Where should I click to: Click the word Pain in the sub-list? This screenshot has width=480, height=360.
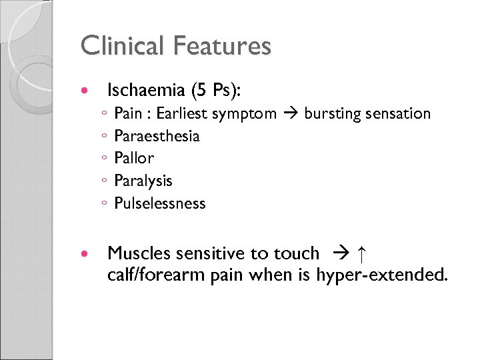tap(127, 113)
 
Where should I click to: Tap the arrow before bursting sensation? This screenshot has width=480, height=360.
tap(291, 114)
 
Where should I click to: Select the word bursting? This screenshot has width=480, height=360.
tap(332, 114)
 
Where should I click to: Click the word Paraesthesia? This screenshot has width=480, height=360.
tap(157, 136)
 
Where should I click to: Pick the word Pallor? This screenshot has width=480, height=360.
tap(134, 159)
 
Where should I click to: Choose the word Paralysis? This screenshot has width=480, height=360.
tap(143, 181)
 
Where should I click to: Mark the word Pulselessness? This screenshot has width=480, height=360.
tap(160, 203)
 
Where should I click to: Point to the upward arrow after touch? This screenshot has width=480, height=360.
tap(361, 253)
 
